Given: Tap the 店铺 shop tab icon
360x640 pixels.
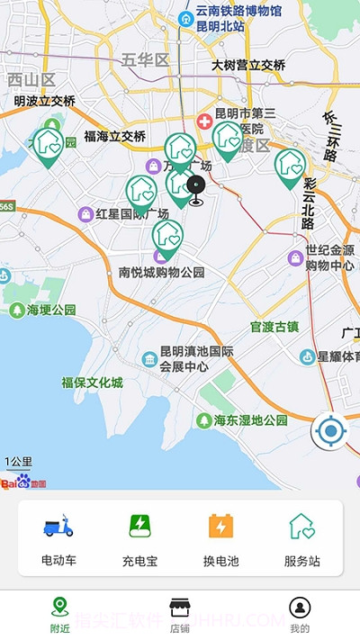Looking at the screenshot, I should pos(180,607).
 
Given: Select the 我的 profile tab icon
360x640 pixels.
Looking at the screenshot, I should pos(300,607).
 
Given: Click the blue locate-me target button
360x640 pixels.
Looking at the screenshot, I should pos(330,432).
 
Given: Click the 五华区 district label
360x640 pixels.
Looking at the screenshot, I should pos(145,60).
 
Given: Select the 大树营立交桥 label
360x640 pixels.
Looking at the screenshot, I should pos(248,65).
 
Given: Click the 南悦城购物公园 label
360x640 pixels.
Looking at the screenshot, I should pos(162,272).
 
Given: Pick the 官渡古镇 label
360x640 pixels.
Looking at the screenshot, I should pos(274,326).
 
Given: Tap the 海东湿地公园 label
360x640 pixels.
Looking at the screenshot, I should pos(250,420).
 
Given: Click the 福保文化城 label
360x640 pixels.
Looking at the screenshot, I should pos(92,383).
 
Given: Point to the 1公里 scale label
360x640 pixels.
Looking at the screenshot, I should pos(18,462).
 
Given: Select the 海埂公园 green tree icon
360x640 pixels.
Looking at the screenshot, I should pos(16,311).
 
